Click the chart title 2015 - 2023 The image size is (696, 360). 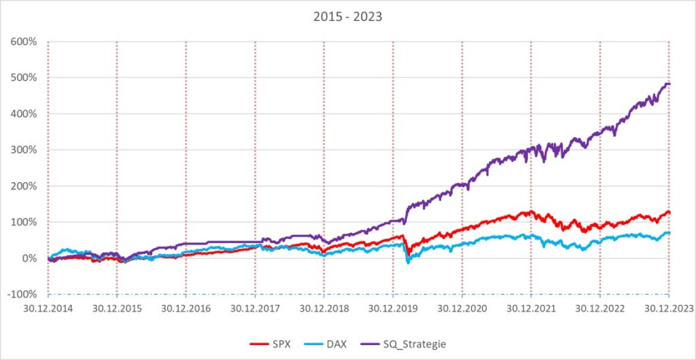click(347, 16)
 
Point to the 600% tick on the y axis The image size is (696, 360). click(24, 41)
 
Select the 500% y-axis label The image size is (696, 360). click(24, 77)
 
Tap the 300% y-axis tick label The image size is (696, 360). click(24, 149)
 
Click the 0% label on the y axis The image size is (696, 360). click(29, 258)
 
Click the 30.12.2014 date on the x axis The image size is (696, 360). click(48, 308)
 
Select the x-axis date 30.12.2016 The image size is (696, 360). click(186, 308)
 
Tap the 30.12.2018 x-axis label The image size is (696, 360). click(324, 308)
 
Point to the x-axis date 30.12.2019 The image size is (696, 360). click(393, 308)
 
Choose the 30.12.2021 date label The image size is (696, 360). click(531, 308)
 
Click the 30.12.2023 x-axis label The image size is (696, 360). click(669, 308)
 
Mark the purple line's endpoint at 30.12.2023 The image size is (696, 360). click(669, 84)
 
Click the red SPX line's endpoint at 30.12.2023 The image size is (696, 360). click(669, 213)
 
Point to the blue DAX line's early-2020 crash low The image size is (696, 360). click(408, 262)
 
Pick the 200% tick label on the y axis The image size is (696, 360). click(24, 185)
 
